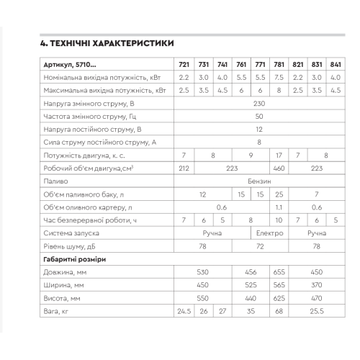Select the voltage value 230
coord(259,104)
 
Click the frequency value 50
coord(259,117)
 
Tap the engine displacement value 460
coord(279,168)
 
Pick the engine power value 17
coord(279,155)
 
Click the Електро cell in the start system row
coord(269,233)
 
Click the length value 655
coord(279,271)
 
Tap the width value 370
coord(316,284)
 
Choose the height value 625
coord(279,297)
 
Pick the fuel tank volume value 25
coord(279,194)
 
